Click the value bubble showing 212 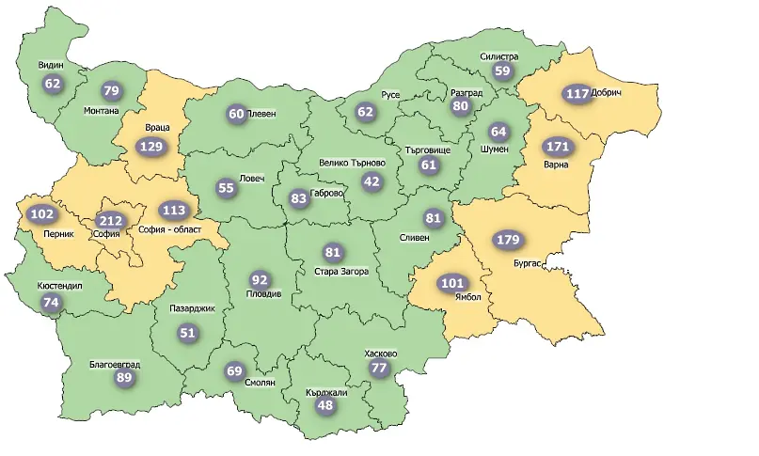tap(109, 221)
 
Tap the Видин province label tap(50, 66)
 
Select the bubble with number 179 tap(508, 240)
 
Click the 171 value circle tap(558, 148)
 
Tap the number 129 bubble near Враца tap(150, 147)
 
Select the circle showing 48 tap(325, 406)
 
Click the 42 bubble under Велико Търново tap(372, 181)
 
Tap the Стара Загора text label tap(341, 273)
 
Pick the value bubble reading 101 tap(453, 283)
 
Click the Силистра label tap(498, 55)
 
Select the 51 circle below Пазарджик tap(188, 332)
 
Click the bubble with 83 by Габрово tap(299, 198)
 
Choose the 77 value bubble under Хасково tap(379, 369)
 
